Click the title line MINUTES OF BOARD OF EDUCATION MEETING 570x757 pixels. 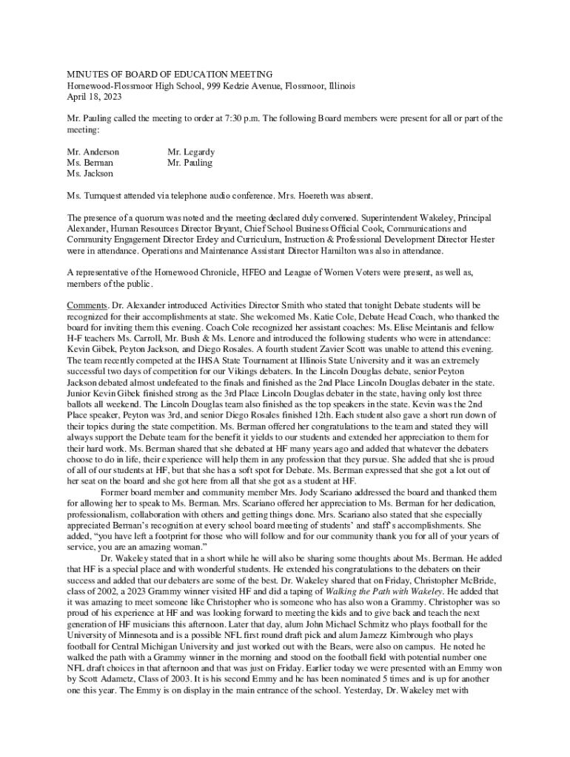[170, 75]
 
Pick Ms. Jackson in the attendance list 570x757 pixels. [90, 173]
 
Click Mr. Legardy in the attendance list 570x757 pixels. [191, 152]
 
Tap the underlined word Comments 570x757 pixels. [87, 305]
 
